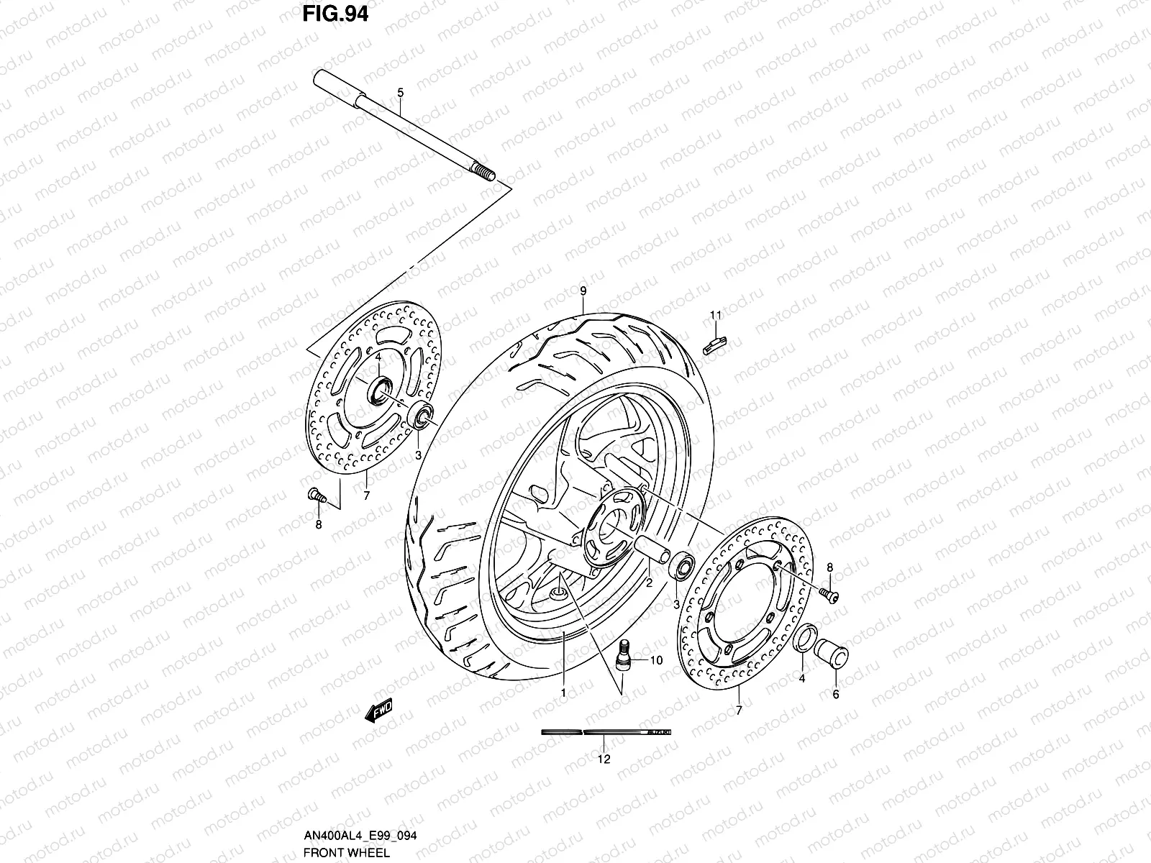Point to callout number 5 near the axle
point(401,93)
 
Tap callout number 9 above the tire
point(583,291)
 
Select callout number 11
point(715,315)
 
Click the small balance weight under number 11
point(714,344)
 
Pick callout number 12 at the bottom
point(604,759)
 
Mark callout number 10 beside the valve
point(656,659)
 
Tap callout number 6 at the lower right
point(835,695)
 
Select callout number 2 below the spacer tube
point(648,584)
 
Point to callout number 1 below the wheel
point(563,694)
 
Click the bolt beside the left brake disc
point(316,495)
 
